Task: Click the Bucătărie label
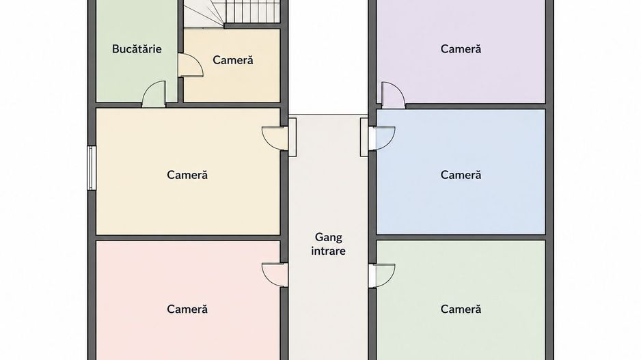[137, 49]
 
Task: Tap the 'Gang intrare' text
[328, 244]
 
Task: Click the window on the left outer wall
[92, 168]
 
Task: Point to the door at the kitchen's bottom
[154, 94]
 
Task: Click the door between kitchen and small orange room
[191, 66]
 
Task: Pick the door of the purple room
[393, 95]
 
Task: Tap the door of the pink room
[275, 275]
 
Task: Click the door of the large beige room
[275, 139]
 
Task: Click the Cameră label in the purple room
[461, 49]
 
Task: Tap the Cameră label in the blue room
[461, 175]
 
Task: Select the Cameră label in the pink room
[187, 309]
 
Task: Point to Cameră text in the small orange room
[233, 60]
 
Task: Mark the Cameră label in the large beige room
[187, 175]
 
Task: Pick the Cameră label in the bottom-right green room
[461, 309]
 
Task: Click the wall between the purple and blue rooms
[476, 107]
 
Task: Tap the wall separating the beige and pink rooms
[188, 238]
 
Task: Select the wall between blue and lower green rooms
[461, 238]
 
